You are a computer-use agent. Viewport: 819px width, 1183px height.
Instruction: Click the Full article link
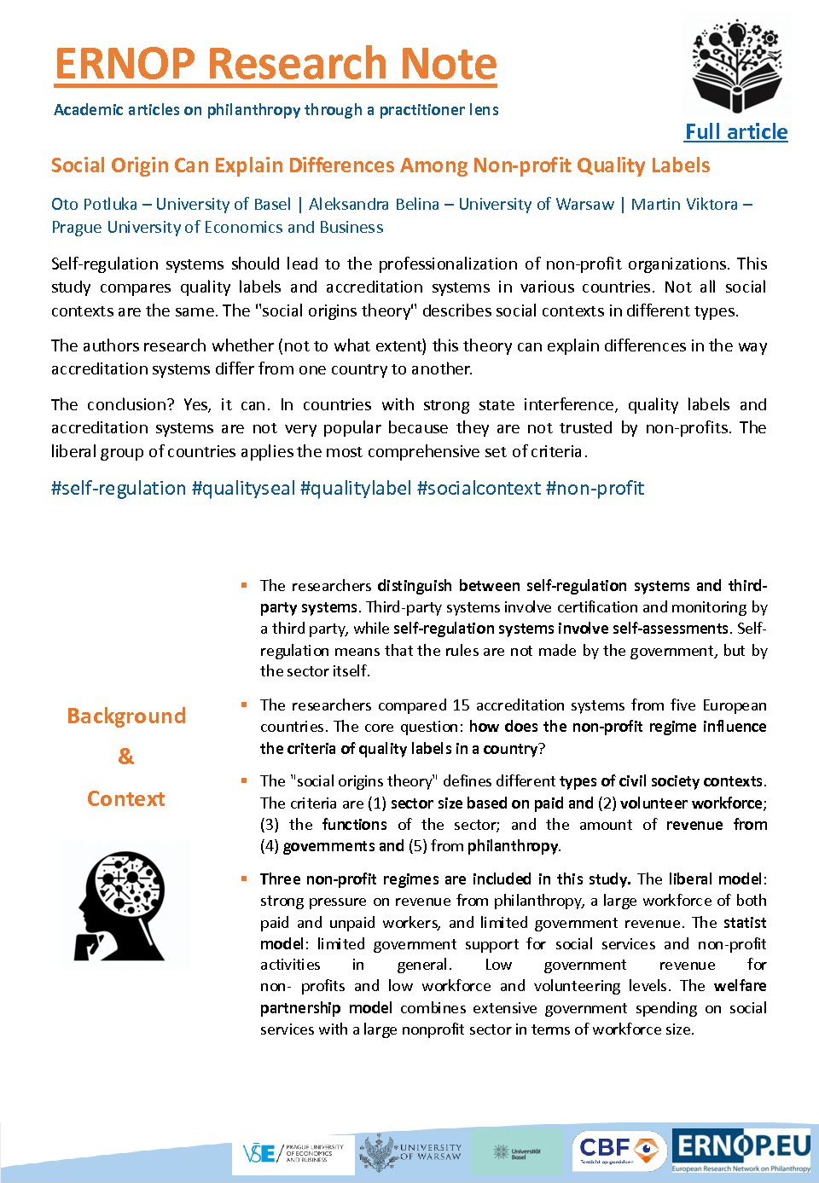735,132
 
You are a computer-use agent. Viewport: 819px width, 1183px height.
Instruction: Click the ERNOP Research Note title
275,64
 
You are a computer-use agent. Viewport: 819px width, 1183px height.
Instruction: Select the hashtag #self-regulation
119,489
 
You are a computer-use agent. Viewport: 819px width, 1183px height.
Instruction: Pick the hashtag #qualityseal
244,489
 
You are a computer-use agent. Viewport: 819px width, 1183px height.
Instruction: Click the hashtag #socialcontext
479,489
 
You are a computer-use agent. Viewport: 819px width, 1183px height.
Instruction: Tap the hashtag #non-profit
595,489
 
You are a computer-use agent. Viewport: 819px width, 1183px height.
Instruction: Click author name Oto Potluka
94,205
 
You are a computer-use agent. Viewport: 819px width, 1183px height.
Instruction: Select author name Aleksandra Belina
374,205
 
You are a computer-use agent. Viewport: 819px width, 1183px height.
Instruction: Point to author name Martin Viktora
684,205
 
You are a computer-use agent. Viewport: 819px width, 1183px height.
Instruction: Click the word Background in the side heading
126,716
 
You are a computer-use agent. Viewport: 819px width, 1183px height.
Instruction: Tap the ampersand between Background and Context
126,757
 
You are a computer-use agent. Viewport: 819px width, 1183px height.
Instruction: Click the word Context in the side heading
126,799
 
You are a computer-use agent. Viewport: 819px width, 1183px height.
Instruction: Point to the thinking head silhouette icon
121,906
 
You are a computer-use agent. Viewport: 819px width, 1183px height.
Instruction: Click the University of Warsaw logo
411,1153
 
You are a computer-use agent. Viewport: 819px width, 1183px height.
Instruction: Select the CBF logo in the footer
619,1151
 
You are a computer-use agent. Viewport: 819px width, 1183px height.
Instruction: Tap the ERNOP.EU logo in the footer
741,1150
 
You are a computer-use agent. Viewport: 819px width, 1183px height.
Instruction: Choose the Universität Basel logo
517,1153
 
